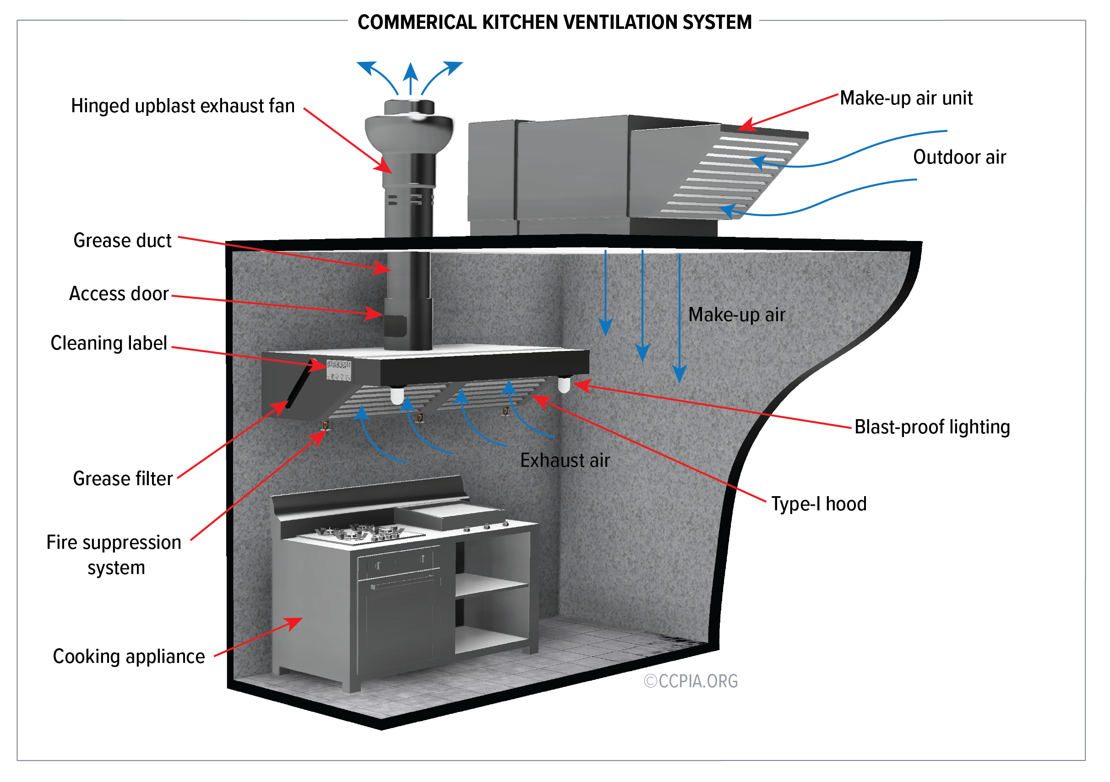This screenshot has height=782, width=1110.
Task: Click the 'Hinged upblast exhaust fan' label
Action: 183,106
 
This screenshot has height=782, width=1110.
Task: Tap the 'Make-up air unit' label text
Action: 905,98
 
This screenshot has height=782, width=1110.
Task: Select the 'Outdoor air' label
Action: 959,158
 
